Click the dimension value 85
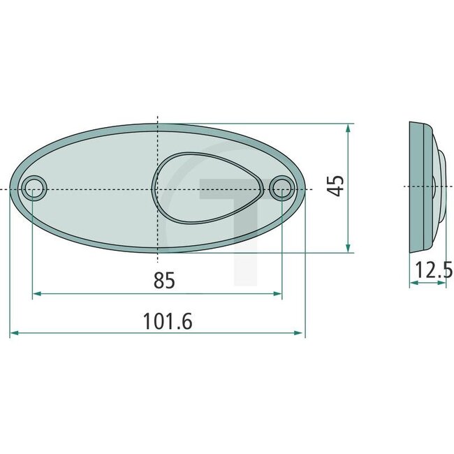point(163,281)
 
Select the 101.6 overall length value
point(167,321)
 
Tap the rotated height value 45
point(337,186)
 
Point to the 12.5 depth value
point(433,269)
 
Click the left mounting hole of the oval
point(34,188)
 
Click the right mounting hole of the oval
point(282,187)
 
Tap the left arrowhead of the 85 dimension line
point(37,294)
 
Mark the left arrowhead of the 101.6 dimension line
point(14,335)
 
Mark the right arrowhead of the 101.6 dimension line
point(301,335)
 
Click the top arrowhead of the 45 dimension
point(348,128)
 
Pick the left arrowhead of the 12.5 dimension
point(413,283)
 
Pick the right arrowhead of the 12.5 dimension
point(442,283)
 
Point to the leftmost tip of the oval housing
point(11,189)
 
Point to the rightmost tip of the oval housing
point(305,188)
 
